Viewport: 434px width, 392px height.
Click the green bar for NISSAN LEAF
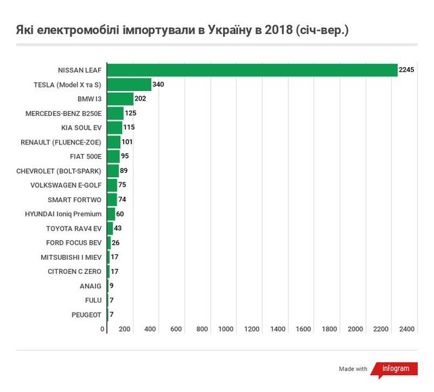coord(252,70)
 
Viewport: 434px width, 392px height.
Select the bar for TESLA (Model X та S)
coord(129,85)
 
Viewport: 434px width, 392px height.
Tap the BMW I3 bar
coord(120,99)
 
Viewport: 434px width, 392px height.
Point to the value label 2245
coord(406,71)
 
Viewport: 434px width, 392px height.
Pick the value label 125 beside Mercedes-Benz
coord(131,113)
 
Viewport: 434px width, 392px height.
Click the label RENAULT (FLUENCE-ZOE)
coord(61,142)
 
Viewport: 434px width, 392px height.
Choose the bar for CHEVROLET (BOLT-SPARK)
coord(113,171)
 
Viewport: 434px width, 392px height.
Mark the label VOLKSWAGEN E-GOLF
coord(66,185)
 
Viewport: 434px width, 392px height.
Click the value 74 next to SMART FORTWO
coord(122,200)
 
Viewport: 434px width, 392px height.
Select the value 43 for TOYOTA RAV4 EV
coord(117,229)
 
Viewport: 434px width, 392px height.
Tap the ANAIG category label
coord(90,286)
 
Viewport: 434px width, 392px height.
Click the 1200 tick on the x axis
coord(253,329)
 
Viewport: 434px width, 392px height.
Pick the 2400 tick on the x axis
coord(406,329)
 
